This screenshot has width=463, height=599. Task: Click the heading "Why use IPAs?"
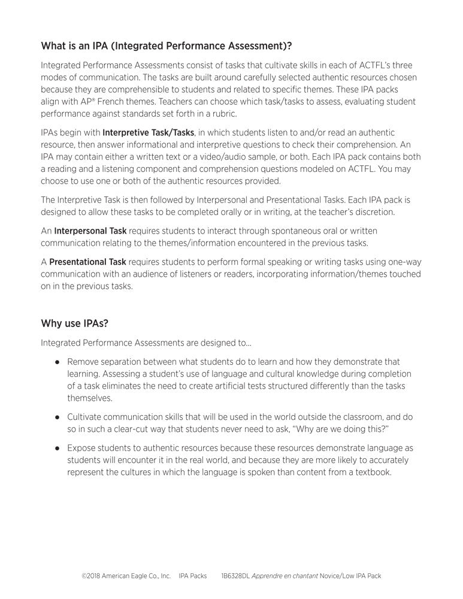point(74,323)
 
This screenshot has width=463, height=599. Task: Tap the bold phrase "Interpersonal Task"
point(90,231)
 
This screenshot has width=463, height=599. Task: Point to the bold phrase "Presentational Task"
point(87,262)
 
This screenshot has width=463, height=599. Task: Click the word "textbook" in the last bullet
point(372,472)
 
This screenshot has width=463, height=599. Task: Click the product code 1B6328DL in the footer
point(235,576)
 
